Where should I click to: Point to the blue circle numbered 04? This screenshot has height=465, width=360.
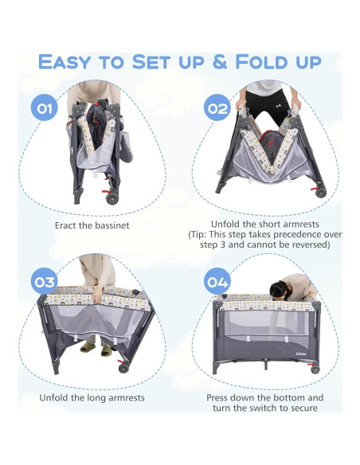tap(217, 281)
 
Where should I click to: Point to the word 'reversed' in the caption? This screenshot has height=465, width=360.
tap(308, 245)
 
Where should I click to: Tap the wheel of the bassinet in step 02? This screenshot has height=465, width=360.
tap(321, 192)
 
